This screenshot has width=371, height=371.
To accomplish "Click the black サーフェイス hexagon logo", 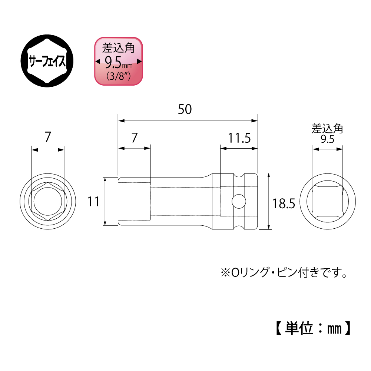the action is coord(47,61).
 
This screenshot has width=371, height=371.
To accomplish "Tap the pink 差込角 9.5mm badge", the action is coord(119,61).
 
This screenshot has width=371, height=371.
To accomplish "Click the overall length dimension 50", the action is coord(185,109).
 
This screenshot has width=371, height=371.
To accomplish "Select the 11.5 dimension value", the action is coord(239,138).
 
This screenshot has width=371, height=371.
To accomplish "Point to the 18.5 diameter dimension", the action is coord(284,203).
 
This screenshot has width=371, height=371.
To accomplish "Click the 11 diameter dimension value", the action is coord(93,202).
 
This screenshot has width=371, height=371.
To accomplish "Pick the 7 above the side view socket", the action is coord(135,138).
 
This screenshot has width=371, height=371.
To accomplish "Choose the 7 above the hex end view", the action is coord(48,137).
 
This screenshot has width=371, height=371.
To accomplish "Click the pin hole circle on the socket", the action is coord(239,201).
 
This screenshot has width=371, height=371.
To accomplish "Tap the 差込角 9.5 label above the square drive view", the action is coord(327,134).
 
